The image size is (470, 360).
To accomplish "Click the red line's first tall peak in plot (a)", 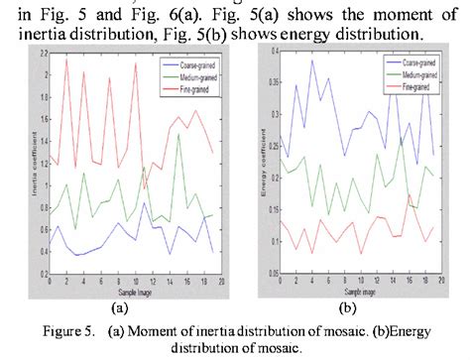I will click(66, 60).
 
